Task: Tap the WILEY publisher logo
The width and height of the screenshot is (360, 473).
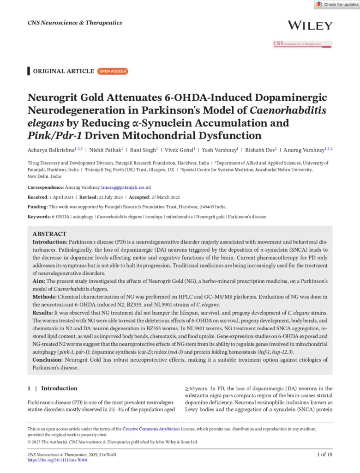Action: (x=309, y=25)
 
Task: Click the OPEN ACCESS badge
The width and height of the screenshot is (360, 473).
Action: (x=113, y=71)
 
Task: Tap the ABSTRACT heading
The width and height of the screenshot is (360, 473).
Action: (x=49, y=234)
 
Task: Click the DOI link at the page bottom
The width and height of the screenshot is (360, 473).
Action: (x=57, y=461)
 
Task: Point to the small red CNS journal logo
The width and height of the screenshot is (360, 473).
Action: (x=302, y=44)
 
